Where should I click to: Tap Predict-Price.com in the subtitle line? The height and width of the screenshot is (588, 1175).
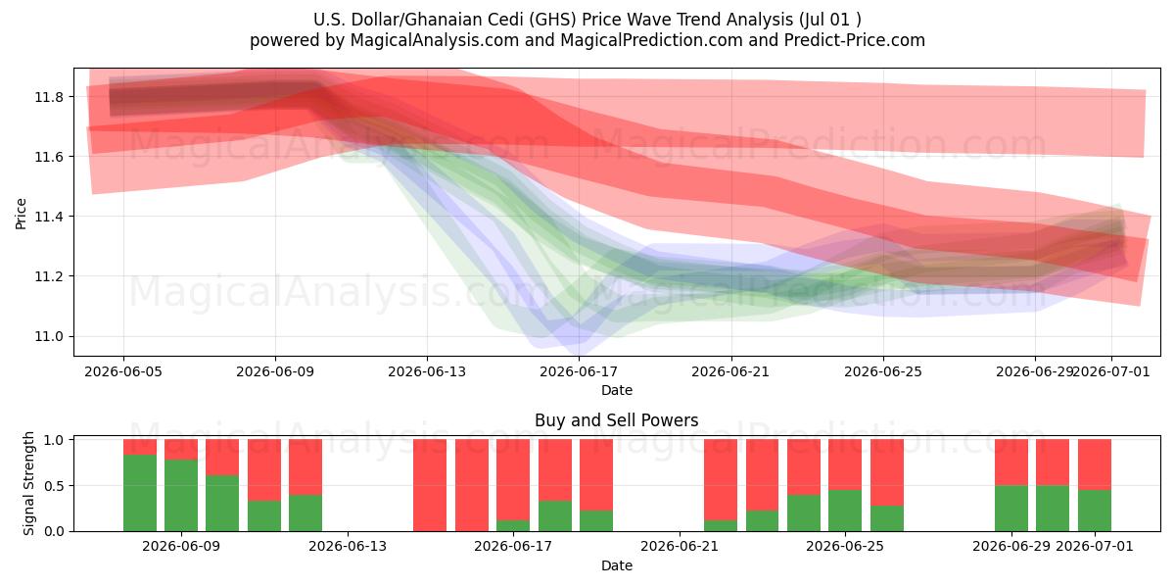855,40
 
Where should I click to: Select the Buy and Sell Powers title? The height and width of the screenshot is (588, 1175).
616,420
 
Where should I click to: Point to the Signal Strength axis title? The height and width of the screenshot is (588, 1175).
28,483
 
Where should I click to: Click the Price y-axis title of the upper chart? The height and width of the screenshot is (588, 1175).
21,214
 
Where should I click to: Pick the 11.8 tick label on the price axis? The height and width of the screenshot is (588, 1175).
49,97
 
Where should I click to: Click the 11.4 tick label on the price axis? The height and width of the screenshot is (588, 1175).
49,217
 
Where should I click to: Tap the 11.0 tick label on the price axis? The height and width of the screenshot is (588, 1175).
49,336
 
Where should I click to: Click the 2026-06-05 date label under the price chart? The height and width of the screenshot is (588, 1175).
123,371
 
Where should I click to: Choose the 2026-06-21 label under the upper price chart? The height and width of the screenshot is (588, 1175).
730,371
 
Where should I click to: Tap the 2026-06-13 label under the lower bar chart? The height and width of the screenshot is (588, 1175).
348,547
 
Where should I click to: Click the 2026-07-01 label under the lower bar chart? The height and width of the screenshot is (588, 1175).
1095,547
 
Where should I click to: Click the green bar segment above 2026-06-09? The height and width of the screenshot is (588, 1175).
181,496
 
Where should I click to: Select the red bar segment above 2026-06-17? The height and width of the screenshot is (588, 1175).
513,480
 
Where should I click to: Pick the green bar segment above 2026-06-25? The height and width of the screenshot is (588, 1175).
845,511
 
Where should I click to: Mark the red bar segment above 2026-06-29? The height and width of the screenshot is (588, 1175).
1011,463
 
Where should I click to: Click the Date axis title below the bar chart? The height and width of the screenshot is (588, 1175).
616,565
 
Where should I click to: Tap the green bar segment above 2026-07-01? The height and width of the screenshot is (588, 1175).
1095,511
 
